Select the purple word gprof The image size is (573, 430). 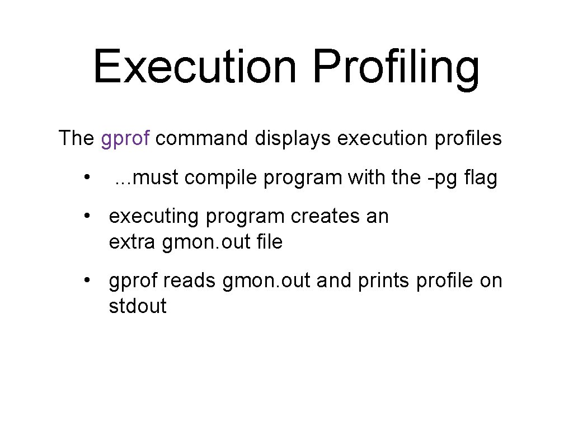click(x=125, y=138)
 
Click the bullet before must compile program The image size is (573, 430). click(x=87, y=178)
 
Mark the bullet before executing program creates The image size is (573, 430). click(x=87, y=217)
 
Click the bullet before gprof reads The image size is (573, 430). click(x=87, y=281)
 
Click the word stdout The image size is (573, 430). click(x=138, y=306)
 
